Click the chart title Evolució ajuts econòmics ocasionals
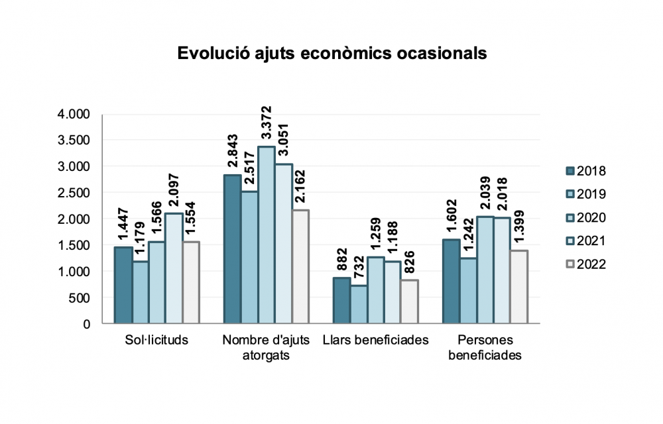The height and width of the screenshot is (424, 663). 331,54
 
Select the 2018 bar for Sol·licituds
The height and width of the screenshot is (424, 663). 123,286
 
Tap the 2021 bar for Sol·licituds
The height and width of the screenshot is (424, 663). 174,268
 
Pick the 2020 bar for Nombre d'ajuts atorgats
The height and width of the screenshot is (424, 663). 266,235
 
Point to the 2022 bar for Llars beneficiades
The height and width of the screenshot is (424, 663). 410,302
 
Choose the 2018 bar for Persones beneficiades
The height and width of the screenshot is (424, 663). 451,282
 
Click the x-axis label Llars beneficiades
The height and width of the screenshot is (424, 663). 376,341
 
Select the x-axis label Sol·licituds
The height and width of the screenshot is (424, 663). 156,341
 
